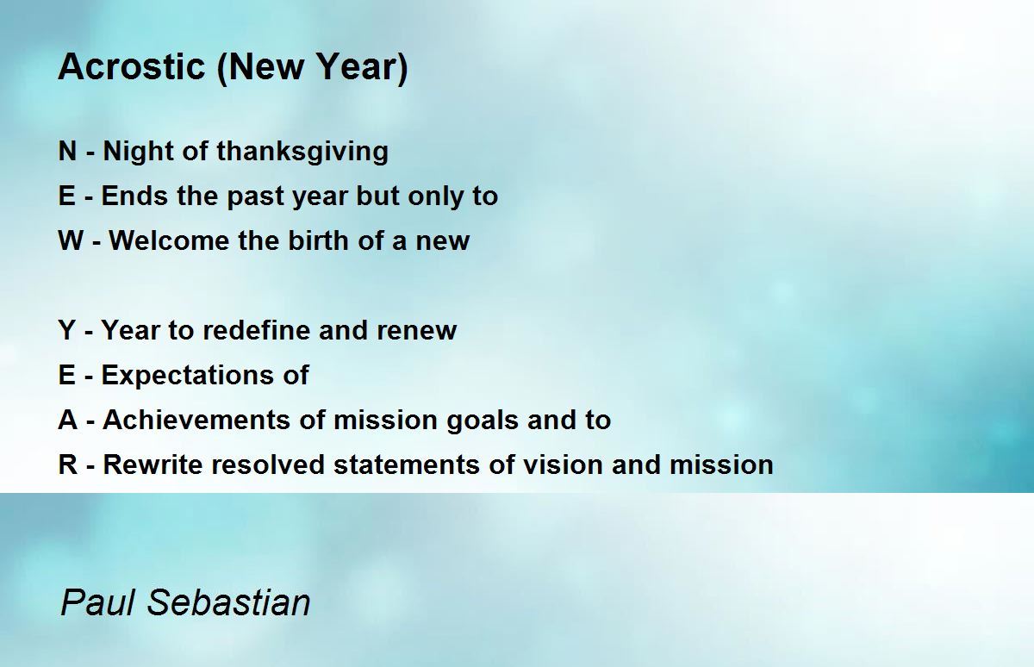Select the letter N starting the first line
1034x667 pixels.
click(x=68, y=152)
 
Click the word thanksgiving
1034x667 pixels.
click(x=302, y=152)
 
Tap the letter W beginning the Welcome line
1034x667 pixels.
click(x=71, y=241)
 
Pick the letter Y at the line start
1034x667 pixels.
click(x=67, y=331)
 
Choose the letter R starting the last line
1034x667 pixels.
click(x=68, y=465)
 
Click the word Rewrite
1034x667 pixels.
click(x=153, y=465)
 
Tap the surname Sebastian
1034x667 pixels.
click(x=228, y=602)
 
